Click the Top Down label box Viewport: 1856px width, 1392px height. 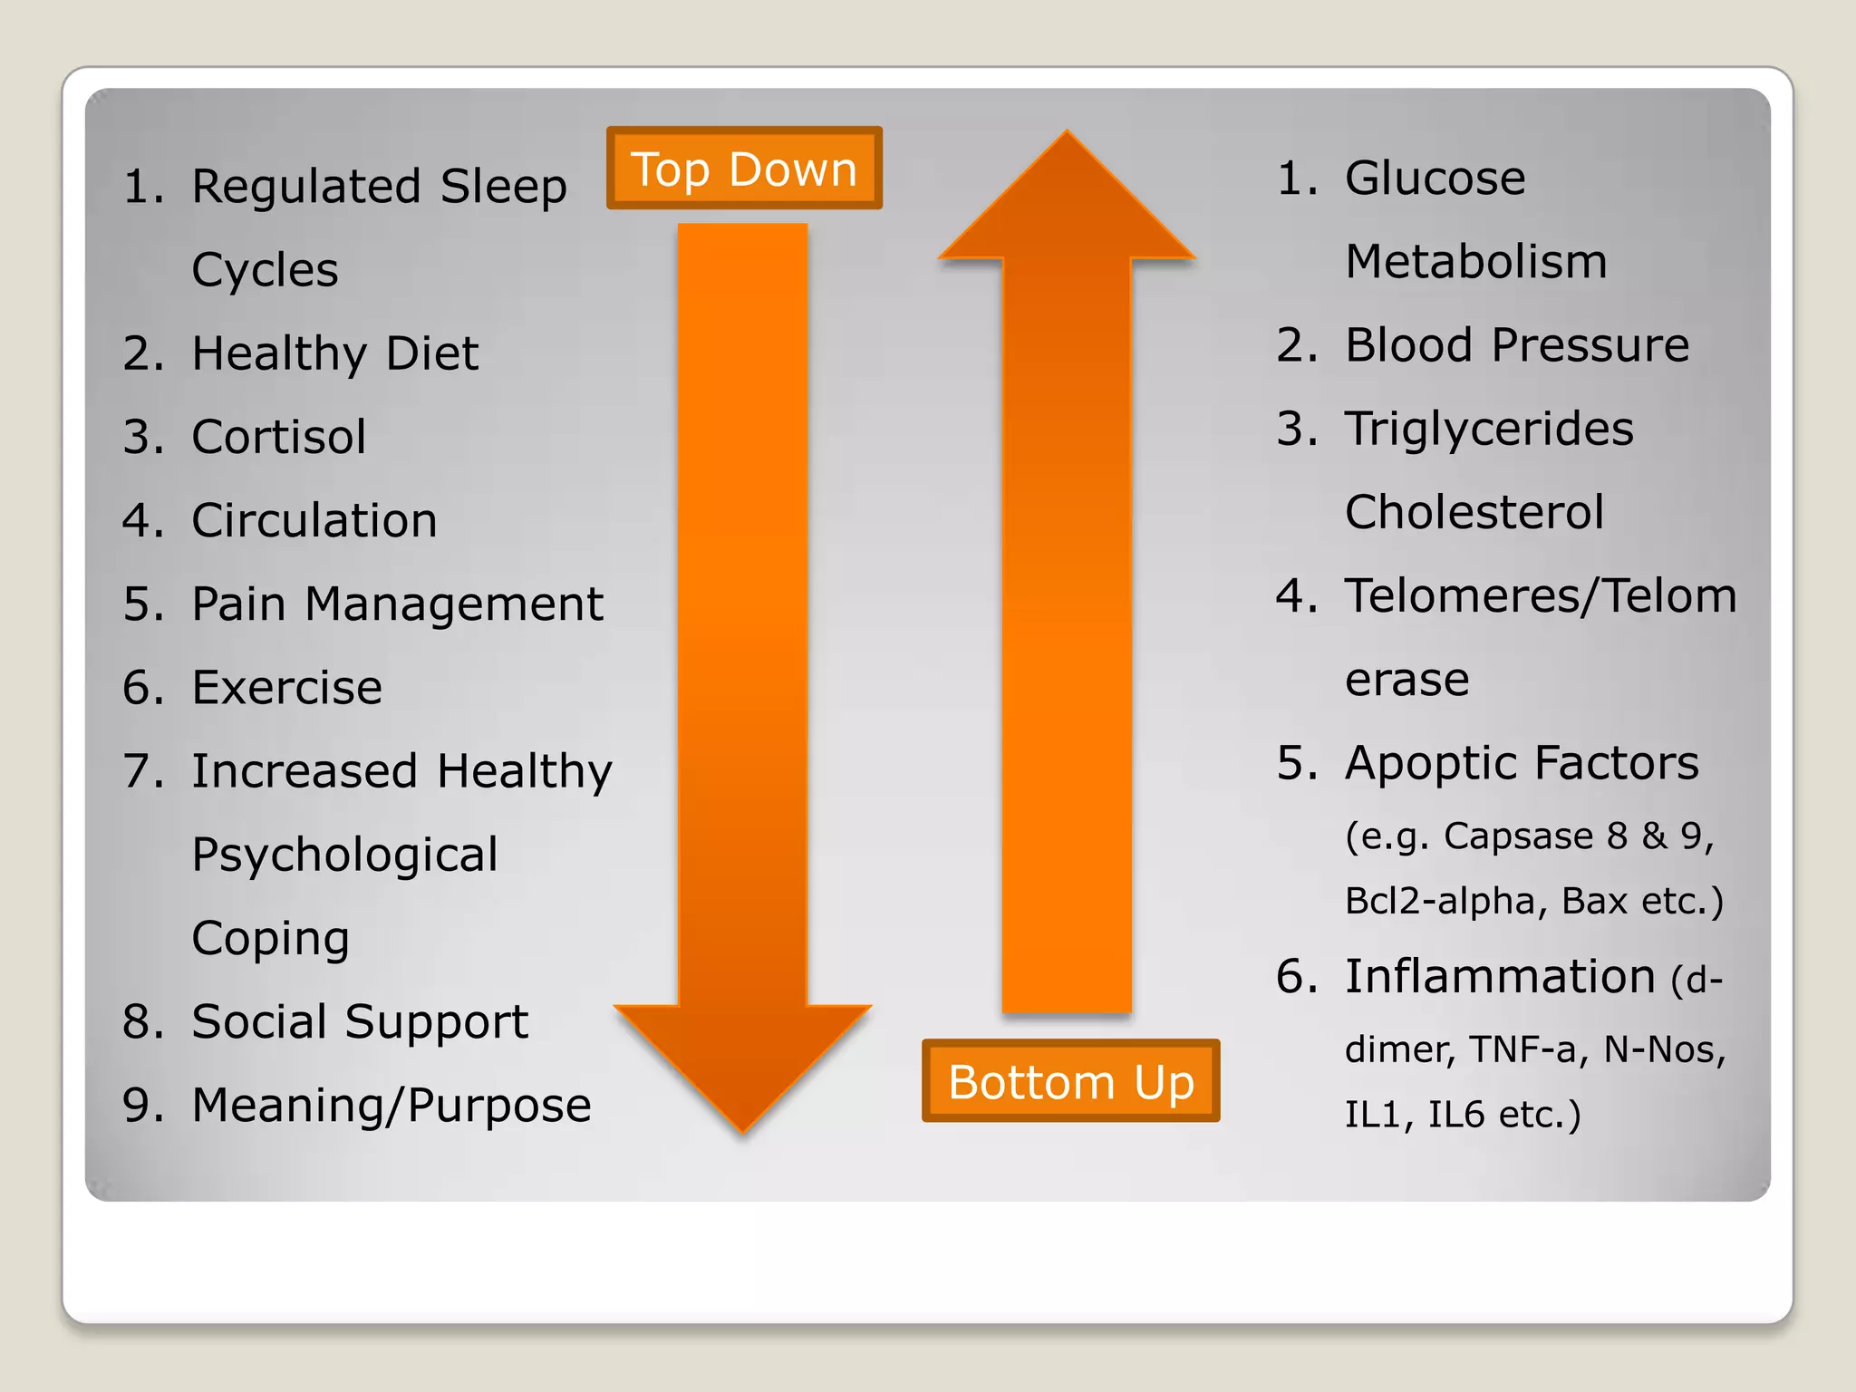(x=744, y=169)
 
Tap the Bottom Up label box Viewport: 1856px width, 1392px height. (x=1070, y=1081)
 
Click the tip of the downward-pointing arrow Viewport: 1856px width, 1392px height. (x=743, y=1129)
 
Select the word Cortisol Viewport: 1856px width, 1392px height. (x=279, y=437)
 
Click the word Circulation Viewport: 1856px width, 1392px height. (x=314, y=520)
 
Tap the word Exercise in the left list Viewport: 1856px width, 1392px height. (x=287, y=687)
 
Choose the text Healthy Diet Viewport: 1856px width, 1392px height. (x=335, y=353)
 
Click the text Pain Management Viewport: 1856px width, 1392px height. (x=397, y=604)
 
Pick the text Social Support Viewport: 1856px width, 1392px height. (x=360, y=1021)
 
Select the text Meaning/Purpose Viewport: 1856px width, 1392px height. (x=391, y=1106)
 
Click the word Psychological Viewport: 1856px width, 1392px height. (x=345, y=855)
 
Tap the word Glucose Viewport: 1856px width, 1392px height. (x=1435, y=178)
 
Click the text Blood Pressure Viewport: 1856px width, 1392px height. (x=1517, y=345)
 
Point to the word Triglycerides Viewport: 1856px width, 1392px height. (x=1489, y=429)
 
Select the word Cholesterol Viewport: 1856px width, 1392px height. (x=1474, y=512)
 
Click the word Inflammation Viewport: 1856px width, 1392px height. (x=1500, y=977)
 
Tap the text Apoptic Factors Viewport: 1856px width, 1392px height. (x=1522, y=763)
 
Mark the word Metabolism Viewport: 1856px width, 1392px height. (x=1476, y=262)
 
